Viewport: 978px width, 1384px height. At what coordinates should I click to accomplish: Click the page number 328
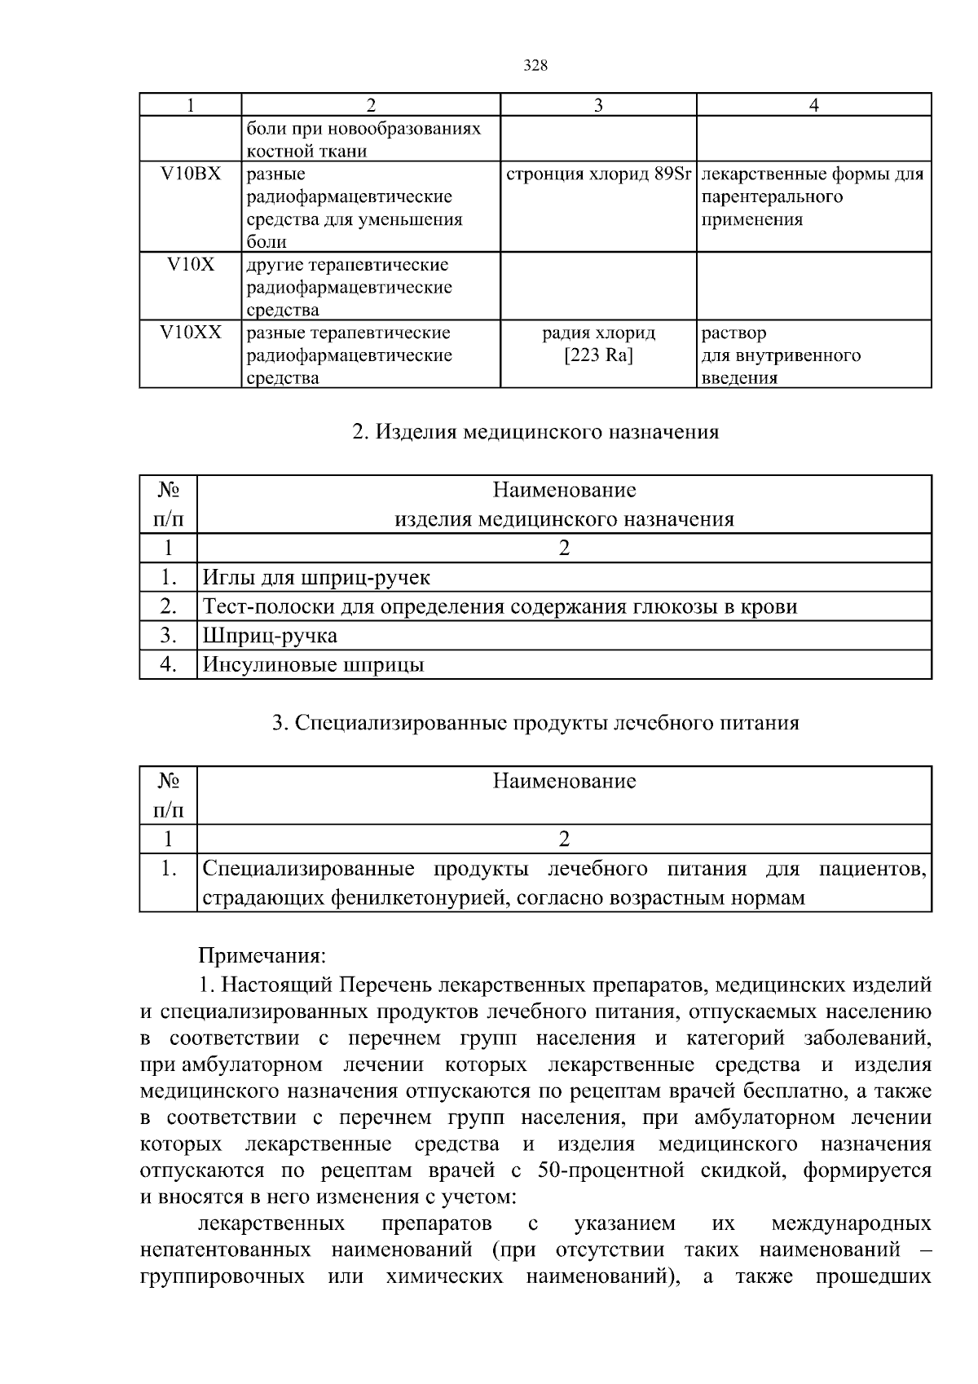[535, 67]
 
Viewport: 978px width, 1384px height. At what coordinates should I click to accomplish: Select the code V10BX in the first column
[190, 174]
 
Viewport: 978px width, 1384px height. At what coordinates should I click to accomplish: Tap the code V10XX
[190, 333]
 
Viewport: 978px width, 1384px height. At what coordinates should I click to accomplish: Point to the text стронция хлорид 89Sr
[598, 174]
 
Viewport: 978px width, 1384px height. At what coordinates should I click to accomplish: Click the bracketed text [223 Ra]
[598, 355]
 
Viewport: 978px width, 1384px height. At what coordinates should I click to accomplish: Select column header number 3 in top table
[598, 105]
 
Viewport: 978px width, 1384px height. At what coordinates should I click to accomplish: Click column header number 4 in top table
[813, 105]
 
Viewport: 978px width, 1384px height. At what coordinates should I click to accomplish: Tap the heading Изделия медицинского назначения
[535, 432]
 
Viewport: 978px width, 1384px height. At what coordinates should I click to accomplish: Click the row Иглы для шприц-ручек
[316, 578]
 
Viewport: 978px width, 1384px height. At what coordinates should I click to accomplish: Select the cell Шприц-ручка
[270, 636]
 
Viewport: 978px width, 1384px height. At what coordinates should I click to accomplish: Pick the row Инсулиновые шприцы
[313, 665]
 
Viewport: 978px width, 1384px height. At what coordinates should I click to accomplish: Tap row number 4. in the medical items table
[169, 665]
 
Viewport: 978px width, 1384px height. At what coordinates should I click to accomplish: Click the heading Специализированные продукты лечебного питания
[535, 723]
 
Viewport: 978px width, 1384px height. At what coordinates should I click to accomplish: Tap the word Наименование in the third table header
[564, 782]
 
